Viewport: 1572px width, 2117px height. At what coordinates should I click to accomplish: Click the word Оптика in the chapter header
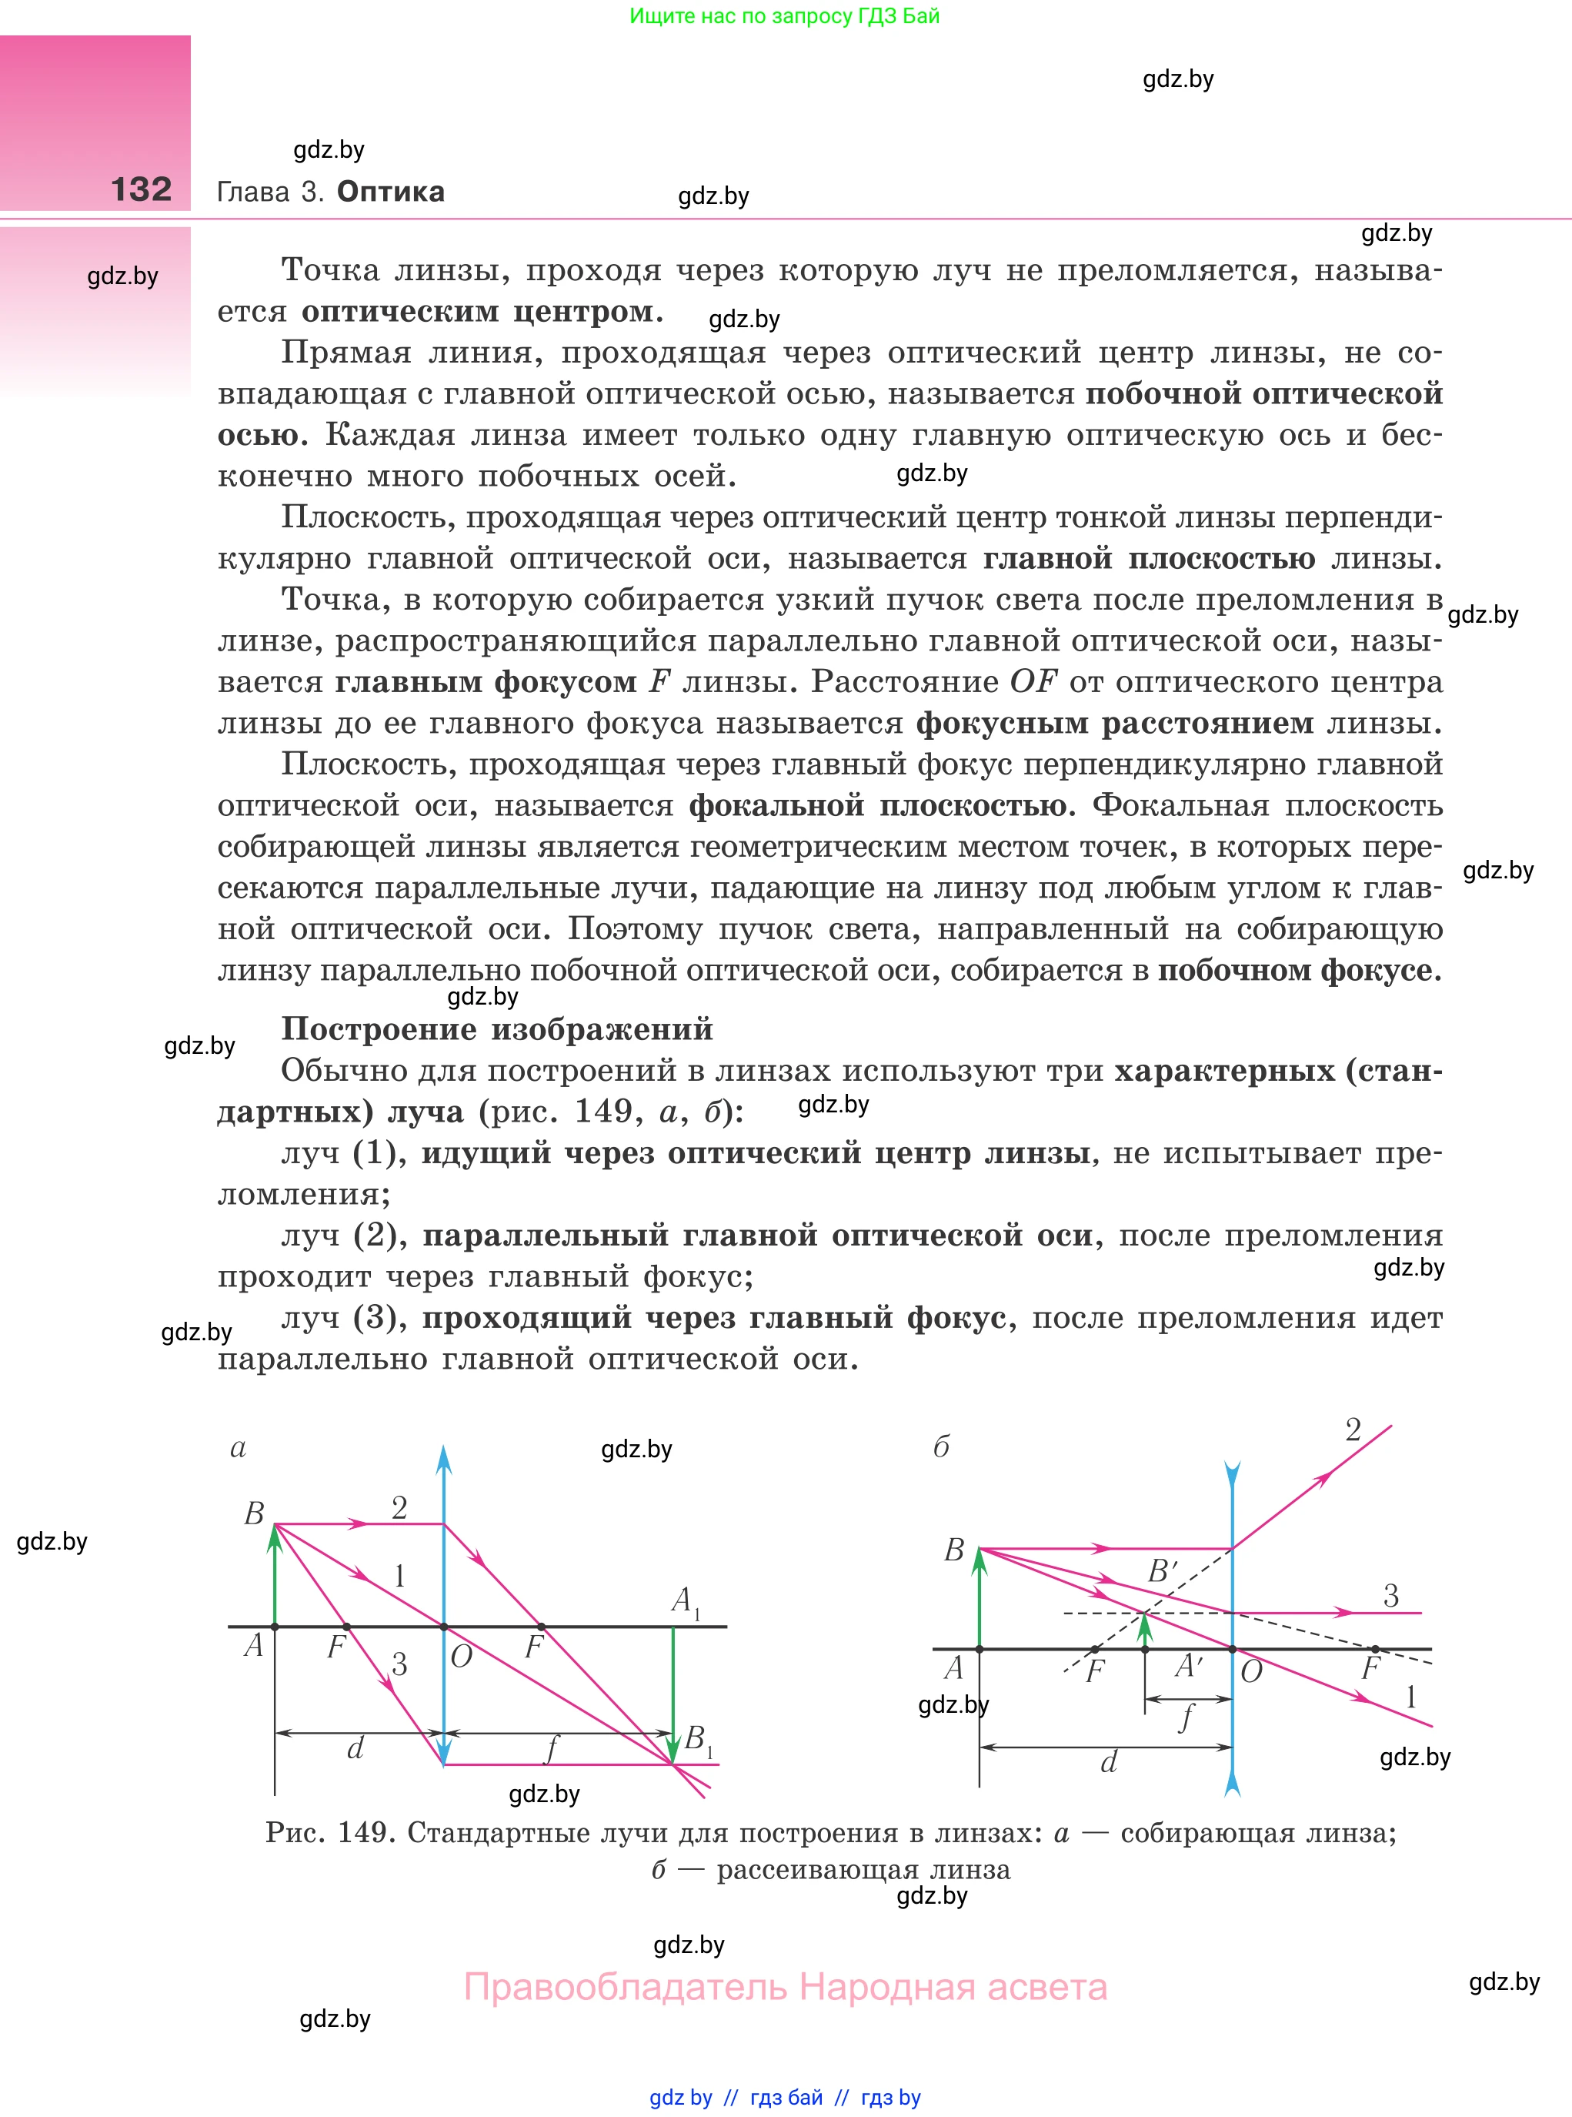click(x=390, y=192)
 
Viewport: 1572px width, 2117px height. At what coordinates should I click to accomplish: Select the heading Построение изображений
click(x=497, y=1029)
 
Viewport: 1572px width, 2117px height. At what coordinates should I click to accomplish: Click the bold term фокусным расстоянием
click(x=1113, y=724)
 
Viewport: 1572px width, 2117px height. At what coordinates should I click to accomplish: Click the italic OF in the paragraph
click(x=1033, y=681)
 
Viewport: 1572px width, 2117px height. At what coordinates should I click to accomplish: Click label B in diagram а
click(x=254, y=1513)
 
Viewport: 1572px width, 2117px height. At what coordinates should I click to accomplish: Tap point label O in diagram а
click(x=462, y=1657)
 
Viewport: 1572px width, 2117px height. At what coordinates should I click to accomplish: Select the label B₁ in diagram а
click(x=697, y=1739)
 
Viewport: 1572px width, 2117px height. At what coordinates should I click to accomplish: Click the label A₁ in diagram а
click(x=684, y=1600)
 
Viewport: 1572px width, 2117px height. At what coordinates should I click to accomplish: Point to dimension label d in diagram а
click(x=355, y=1748)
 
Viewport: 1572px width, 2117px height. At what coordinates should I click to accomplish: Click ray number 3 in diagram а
click(x=399, y=1664)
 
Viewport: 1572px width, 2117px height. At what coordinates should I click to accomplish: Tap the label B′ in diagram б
click(x=1162, y=1570)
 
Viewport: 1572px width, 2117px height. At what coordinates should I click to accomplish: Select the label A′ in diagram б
click(x=1189, y=1666)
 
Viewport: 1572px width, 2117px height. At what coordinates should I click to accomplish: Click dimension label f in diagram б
click(x=1186, y=1718)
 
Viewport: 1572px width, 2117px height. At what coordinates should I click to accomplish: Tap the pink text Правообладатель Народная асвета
click(x=785, y=1988)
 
